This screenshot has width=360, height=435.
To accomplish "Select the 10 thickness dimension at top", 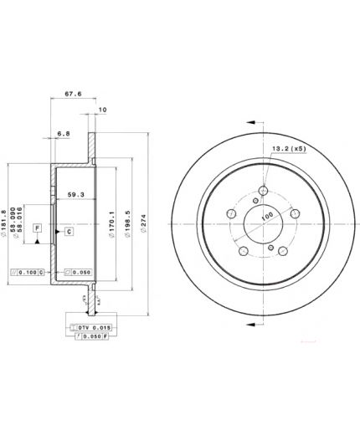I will click(x=102, y=110).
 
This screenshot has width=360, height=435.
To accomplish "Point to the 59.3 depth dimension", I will click(x=75, y=196).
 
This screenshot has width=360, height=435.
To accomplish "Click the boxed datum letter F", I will click(x=38, y=228).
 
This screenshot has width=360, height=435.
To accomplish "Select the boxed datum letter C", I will click(x=69, y=230).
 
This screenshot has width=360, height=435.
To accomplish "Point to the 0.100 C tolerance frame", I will click(x=26, y=273).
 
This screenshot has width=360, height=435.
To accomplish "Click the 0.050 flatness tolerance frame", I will click(x=77, y=273).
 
